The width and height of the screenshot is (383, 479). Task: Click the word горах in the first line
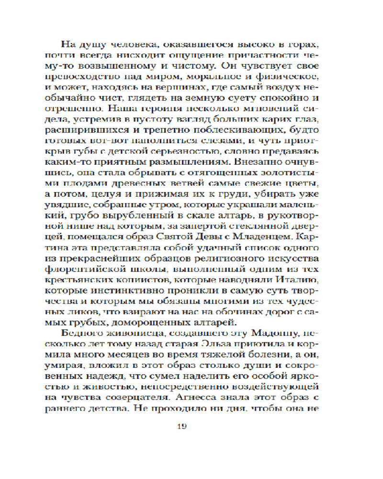[303, 45]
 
